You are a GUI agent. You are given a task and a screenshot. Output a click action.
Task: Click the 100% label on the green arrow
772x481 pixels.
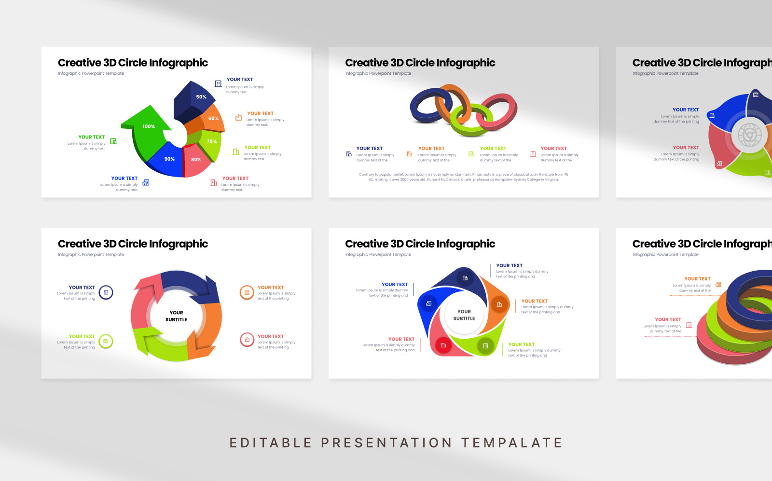[149, 126]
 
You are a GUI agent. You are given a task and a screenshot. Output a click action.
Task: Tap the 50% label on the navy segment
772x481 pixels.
[201, 97]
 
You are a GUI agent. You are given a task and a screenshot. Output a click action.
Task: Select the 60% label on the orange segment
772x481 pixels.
[213, 118]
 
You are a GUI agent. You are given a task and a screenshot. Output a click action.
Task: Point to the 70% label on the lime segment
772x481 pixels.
[211, 141]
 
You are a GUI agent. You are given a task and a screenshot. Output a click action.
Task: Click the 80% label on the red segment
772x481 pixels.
[196, 160]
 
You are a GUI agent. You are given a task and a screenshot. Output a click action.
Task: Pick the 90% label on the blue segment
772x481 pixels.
[169, 159]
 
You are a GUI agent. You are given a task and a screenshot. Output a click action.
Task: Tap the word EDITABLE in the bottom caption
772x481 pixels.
[271, 442]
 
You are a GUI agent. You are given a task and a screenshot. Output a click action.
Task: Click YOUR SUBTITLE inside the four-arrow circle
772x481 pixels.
[176, 316]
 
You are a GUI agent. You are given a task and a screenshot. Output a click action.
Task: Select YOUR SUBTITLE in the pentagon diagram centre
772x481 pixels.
[464, 315]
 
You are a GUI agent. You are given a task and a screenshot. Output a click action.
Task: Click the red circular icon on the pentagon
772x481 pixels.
[443, 345]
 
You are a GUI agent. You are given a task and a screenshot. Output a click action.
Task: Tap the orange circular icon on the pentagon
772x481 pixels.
[499, 304]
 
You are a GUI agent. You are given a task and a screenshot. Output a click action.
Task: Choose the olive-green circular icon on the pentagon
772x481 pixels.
[485, 345]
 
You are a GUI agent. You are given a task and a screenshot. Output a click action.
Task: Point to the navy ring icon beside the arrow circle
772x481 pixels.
[106, 292]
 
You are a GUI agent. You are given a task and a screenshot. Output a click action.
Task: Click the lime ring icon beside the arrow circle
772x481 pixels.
[106, 341]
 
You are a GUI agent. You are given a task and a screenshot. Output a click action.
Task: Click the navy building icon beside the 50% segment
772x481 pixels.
[218, 83]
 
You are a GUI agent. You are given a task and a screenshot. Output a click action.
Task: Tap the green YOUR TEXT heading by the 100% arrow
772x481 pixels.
[91, 137]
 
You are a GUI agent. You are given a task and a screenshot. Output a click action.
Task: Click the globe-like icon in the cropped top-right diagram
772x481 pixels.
[749, 135]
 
